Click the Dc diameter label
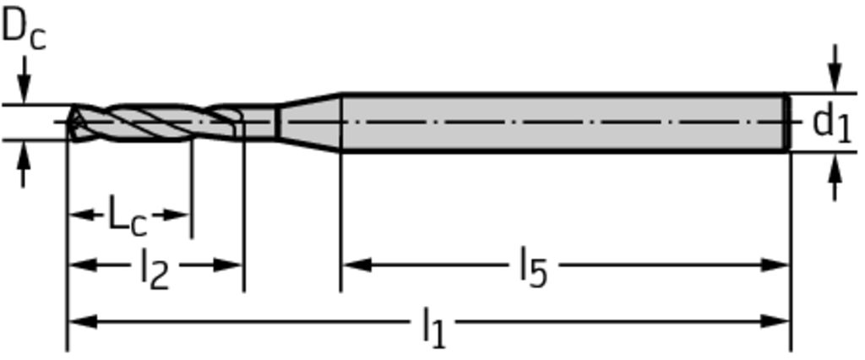coord(24,31)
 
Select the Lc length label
coord(128,215)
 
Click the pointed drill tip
coord(69,122)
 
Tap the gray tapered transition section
coord(309,122)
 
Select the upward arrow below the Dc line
coord(23,164)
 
